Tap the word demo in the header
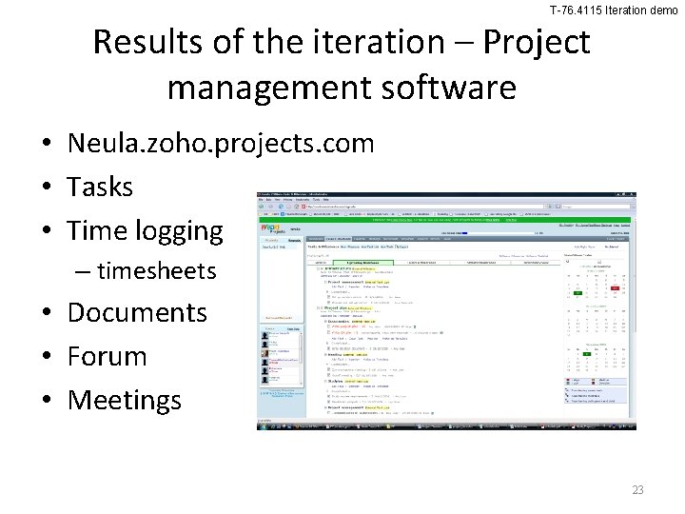pos(662,10)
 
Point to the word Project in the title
pos(538,43)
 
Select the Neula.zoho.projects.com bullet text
pos(221,144)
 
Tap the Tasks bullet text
pos(100,187)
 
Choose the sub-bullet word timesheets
pos(157,271)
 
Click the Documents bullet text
pos(137,312)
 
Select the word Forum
pos(108,356)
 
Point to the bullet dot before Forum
pos(46,357)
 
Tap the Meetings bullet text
pos(125,400)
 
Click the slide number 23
pos(637,490)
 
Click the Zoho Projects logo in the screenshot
pos(277,231)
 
